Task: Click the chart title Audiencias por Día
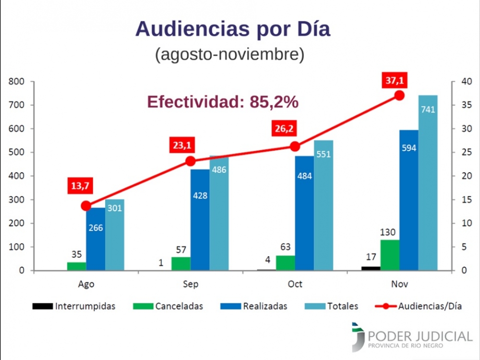pyautogui.click(x=233, y=29)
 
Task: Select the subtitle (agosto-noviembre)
pyautogui.click(x=229, y=54)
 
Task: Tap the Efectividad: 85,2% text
pyautogui.click(x=223, y=102)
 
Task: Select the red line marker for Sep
pyautogui.click(x=191, y=161)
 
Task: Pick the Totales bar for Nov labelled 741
pyautogui.click(x=428, y=182)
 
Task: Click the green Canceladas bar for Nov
pyautogui.click(x=390, y=255)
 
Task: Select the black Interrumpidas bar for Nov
pyautogui.click(x=371, y=268)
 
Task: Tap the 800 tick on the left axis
pyautogui.click(x=17, y=82)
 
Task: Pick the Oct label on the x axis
pyautogui.click(x=295, y=284)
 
